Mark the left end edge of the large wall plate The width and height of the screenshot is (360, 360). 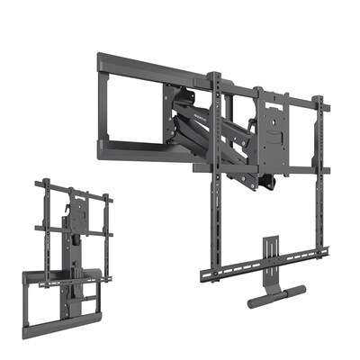tap(100, 103)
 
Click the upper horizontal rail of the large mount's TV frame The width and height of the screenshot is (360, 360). tap(270, 98)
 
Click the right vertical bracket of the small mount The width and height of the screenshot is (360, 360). tap(106, 225)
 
